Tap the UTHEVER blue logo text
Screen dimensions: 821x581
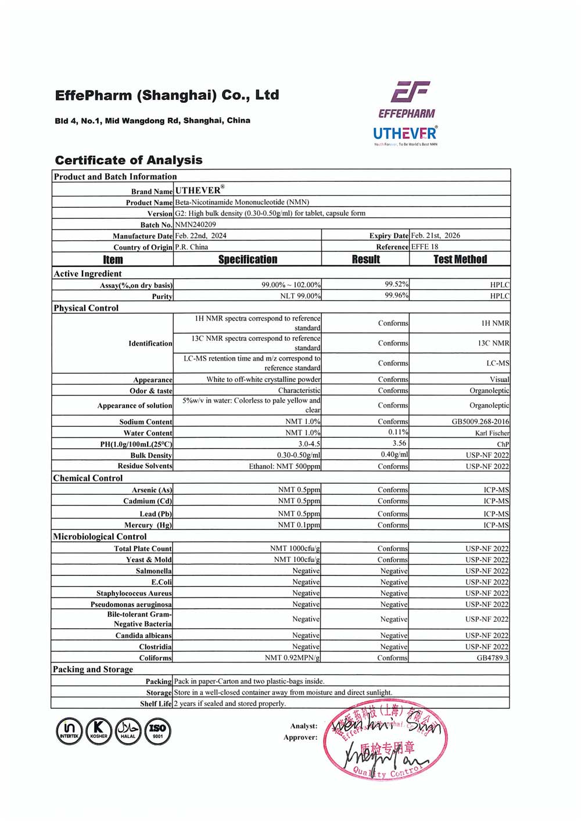[x=404, y=134]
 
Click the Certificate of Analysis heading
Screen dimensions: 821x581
[x=128, y=160]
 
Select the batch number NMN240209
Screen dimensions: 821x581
[x=196, y=225]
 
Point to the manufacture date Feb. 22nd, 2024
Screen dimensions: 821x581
[x=201, y=236]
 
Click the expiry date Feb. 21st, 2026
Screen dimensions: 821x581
[x=435, y=236]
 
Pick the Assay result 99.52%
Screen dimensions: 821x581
[x=396, y=285]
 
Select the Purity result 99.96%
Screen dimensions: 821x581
[x=396, y=296]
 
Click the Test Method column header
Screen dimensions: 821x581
[x=460, y=260]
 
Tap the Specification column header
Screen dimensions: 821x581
[x=248, y=260]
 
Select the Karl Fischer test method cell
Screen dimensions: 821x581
[x=492, y=433]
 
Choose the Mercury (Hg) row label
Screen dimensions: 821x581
[x=148, y=525]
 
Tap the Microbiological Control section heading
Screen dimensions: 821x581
[x=100, y=536]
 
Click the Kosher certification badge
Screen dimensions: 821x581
[x=99, y=730]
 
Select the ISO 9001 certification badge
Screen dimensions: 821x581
[x=157, y=730]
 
